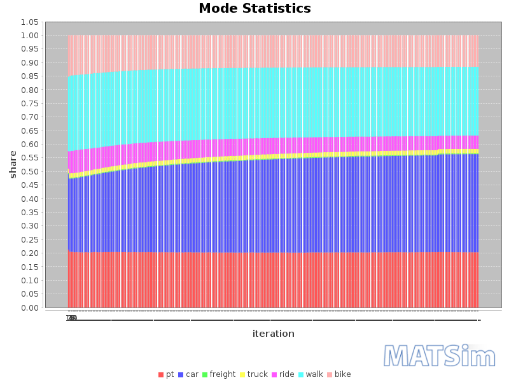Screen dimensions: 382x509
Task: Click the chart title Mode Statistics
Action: (254, 9)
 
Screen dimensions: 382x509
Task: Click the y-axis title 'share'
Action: (13, 164)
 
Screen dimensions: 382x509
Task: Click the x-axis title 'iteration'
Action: (273, 334)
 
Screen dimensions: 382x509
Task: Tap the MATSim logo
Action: (440, 356)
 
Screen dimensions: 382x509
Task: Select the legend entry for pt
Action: (166, 374)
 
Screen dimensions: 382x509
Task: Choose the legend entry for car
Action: (188, 374)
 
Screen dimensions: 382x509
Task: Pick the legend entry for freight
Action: (219, 374)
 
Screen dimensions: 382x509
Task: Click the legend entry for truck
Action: (254, 374)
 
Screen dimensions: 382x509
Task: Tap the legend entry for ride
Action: (283, 374)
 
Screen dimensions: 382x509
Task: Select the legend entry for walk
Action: (311, 374)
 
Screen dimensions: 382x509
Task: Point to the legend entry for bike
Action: (339, 374)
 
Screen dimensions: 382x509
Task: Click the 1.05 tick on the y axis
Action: (29, 22)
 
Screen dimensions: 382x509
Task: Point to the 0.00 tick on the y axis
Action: (29, 308)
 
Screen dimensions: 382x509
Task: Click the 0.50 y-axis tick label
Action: (29, 171)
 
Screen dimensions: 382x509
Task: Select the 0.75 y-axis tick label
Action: (29, 103)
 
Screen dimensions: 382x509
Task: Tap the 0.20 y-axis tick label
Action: (29, 253)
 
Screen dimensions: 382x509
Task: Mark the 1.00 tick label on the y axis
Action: (29, 35)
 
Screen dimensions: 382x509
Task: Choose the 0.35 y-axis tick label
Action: (29, 213)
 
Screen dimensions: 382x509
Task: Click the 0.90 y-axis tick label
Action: (29, 62)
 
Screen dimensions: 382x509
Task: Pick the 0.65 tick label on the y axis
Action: (29, 131)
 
